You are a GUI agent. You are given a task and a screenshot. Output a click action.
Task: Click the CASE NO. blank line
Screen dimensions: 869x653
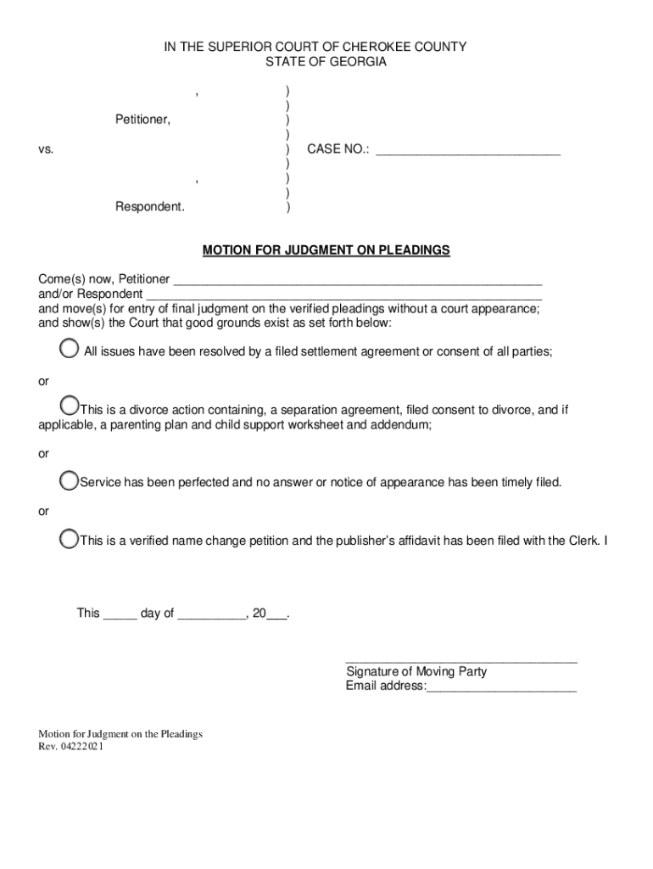point(468,154)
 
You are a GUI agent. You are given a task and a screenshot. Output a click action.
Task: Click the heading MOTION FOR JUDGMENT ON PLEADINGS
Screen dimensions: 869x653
point(326,250)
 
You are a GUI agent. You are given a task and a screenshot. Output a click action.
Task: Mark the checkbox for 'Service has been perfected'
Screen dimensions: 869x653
point(70,481)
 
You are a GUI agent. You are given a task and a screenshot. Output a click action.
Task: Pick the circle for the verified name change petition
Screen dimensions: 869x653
point(70,538)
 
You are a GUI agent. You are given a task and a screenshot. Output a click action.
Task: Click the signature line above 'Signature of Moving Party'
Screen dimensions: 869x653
point(461,659)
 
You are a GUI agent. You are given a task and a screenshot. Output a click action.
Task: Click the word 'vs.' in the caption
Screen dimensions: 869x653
point(46,149)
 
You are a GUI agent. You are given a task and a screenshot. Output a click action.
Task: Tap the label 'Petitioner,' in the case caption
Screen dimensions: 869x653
point(142,120)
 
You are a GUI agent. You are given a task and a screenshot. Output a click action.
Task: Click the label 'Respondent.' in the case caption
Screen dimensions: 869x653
point(150,207)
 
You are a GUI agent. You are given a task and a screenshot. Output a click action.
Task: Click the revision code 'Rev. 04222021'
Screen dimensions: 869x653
point(72,748)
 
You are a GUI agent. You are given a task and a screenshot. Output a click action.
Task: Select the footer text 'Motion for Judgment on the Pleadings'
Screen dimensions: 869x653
point(120,734)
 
